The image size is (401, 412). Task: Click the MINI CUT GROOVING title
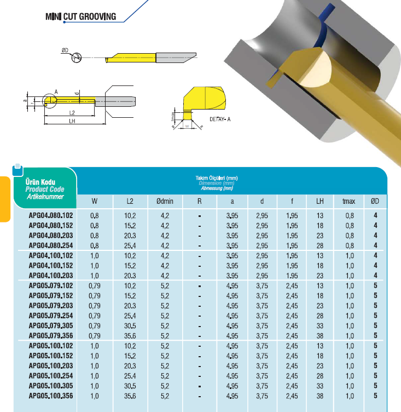tap(80, 16)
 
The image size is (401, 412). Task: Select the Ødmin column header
tap(165, 202)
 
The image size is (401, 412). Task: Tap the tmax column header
tap(348, 202)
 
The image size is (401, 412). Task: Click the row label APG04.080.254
tap(50, 246)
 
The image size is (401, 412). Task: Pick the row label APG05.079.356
tap(50, 336)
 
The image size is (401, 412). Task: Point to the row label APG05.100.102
tap(50, 346)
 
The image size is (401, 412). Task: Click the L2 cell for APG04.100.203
tap(130, 276)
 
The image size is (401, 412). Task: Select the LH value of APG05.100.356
tap(320, 396)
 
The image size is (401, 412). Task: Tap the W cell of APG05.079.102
tap(94, 286)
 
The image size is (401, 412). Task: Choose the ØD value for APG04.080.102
tap(376, 216)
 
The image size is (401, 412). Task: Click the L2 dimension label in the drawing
tap(72, 112)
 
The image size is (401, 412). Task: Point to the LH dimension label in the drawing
tap(72, 122)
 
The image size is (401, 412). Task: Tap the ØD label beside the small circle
tap(65, 50)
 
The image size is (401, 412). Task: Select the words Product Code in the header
tap(45, 190)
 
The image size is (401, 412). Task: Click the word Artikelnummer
tap(45, 196)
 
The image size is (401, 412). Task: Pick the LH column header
tap(320, 202)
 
